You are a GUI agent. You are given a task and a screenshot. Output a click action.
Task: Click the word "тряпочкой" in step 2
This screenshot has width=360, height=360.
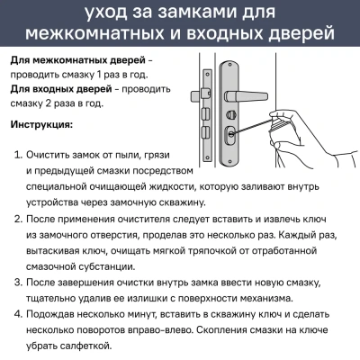[x=237, y=250]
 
